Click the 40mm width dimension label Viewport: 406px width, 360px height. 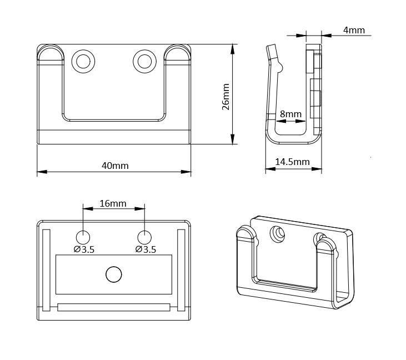tap(115, 166)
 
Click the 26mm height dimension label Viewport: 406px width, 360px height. tap(225, 97)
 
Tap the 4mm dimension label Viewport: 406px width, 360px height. tap(354, 30)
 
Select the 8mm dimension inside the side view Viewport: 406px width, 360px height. tap(290, 114)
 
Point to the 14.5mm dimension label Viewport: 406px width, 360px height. tap(292, 162)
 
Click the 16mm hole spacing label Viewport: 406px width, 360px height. tap(113, 203)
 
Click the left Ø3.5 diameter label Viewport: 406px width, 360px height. tap(84, 249)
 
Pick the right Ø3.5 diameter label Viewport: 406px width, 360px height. tap(145, 249)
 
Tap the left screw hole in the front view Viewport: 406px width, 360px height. tap(84, 60)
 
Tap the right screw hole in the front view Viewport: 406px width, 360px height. tap(144, 60)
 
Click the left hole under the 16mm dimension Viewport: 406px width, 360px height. tap(83, 236)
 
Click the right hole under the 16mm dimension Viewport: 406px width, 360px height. tap(144, 236)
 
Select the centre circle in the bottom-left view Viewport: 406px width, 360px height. tap(113, 274)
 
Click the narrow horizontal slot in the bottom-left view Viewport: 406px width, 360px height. tap(113, 307)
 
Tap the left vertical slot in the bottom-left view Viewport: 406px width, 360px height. tap(47, 269)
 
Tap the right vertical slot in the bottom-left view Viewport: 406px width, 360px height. tap(181, 269)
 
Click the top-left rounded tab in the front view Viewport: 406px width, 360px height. tap(51, 54)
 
